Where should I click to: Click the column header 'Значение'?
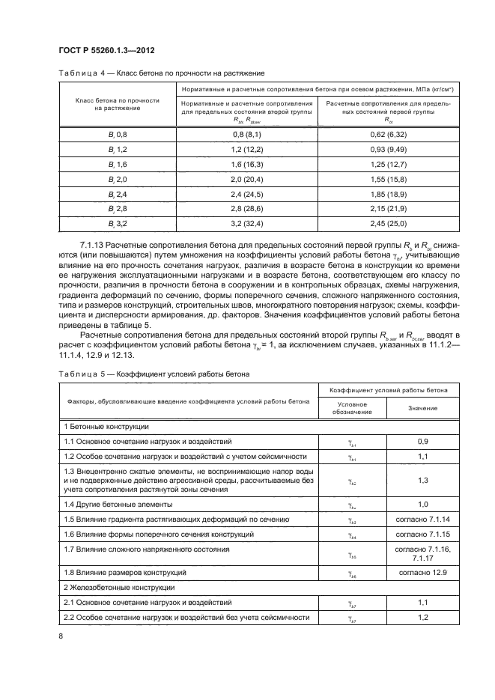pyautogui.click(x=422, y=407)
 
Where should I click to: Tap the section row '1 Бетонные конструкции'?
pyautogui.click(x=105, y=426)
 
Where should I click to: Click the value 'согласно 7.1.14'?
pyautogui.click(x=422, y=518)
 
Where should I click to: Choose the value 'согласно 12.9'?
pyautogui.click(x=422, y=572)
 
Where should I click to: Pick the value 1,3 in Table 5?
pyautogui.click(x=422, y=480)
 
